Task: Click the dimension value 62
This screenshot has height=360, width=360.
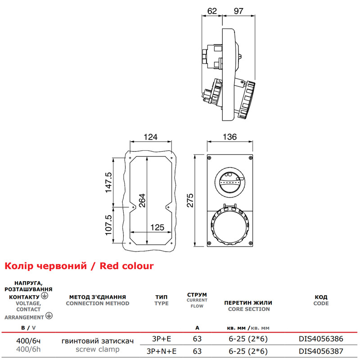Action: pyautogui.click(x=211, y=11)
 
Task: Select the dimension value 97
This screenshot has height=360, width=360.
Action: pyautogui.click(x=238, y=11)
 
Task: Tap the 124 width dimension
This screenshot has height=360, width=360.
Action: pyautogui.click(x=150, y=137)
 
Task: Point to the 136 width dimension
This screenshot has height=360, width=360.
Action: pyautogui.click(x=229, y=137)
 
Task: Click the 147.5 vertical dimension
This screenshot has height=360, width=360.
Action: pyautogui.click(x=108, y=182)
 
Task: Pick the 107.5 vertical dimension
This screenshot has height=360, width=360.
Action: pyautogui.click(x=108, y=225)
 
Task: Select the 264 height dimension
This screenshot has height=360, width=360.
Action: pyautogui.click(x=142, y=200)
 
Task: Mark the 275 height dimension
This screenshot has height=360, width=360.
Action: pyautogui.click(x=190, y=200)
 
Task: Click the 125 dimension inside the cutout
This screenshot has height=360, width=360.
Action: pyautogui.click(x=157, y=227)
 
